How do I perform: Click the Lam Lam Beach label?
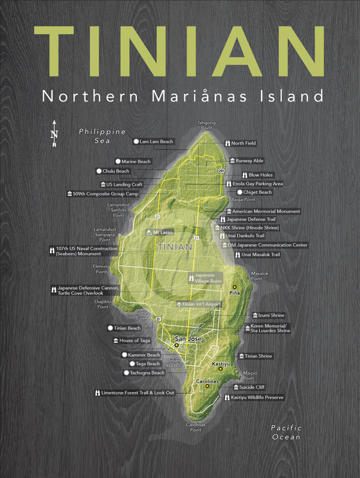(156, 141)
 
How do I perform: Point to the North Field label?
(244, 143)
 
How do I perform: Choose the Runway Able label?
(249, 161)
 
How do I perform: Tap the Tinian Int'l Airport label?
(202, 304)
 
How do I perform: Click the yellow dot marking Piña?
(235, 287)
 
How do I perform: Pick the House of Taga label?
(134, 341)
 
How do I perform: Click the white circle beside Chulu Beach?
(98, 172)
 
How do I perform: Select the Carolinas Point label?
(196, 427)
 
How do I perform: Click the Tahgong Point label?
(206, 125)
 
